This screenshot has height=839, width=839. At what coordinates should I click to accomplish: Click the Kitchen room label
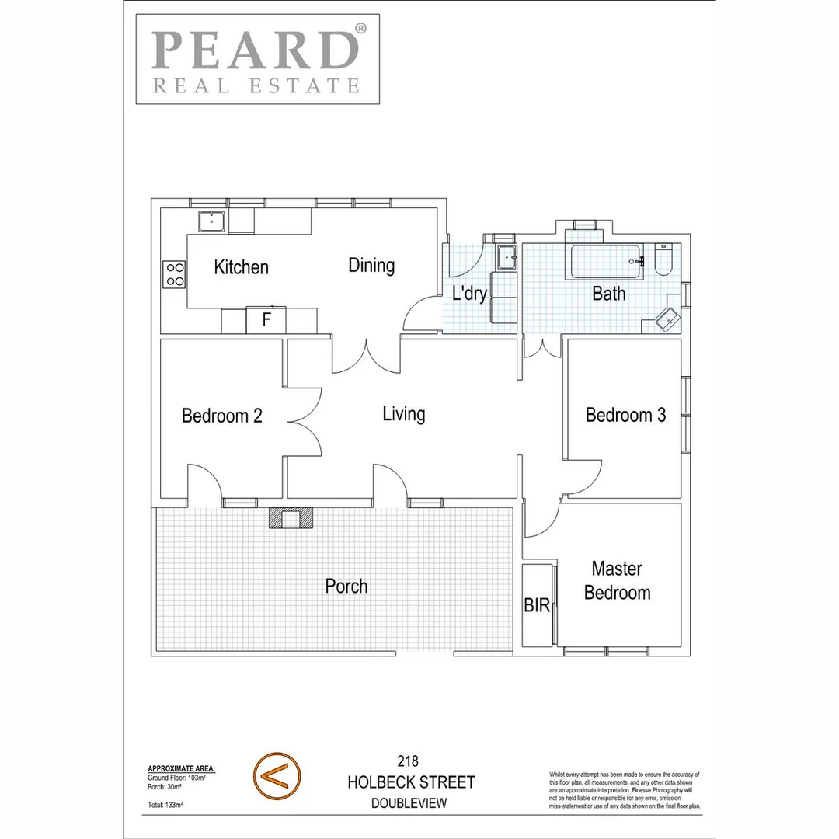(x=241, y=268)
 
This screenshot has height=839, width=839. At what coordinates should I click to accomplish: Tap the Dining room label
(x=371, y=266)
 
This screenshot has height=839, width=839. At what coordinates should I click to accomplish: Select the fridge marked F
(x=266, y=319)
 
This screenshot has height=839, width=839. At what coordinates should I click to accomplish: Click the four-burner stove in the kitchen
(x=175, y=274)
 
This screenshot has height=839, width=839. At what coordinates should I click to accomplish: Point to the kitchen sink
(x=211, y=221)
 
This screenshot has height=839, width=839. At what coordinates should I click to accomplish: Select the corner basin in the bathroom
(x=666, y=319)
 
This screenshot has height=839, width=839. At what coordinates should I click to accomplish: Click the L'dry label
(x=469, y=294)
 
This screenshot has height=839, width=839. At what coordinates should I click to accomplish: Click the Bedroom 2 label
(x=221, y=416)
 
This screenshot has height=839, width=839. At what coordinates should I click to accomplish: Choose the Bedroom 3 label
(x=625, y=415)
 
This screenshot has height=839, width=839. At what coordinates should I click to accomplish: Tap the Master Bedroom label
(x=617, y=580)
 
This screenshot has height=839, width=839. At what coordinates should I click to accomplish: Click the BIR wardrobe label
(x=537, y=606)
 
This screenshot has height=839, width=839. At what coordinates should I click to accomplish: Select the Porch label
(x=346, y=586)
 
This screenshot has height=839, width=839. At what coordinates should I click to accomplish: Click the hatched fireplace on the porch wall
(x=291, y=518)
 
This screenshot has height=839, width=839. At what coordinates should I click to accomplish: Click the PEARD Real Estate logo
(x=258, y=59)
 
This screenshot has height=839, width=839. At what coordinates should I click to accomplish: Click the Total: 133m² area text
(x=165, y=806)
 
